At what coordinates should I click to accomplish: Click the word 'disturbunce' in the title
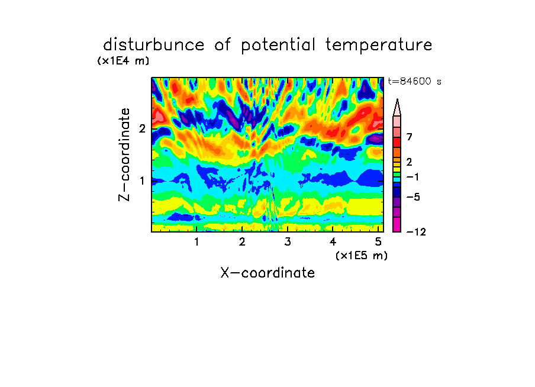tap(154, 45)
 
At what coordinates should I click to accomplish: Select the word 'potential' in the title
tap(278, 46)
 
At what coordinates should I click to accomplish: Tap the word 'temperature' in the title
tap(379, 46)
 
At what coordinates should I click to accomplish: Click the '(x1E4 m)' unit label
tap(123, 61)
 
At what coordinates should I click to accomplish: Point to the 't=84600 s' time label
tap(414, 81)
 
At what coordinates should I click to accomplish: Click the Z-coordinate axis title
tap(124, 154)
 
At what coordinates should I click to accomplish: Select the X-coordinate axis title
tap(267, 273)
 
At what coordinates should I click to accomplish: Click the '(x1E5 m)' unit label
tap(362, 256)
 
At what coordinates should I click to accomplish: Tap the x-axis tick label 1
tap(196, 242)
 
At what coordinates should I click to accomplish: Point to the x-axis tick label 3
tap(288, 242)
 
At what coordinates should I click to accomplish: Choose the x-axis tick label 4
tap(333, 242)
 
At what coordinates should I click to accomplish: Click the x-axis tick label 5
tap(378, 242)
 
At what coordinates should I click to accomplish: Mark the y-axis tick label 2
tap(142, 128)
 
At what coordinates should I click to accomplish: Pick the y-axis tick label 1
tap(142, 180)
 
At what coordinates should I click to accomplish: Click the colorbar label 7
tap(410, 137)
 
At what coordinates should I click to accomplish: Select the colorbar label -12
tap(416, 232)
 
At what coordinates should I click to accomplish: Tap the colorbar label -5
tap(413, 197)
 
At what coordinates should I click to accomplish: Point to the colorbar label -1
tap(412, 177)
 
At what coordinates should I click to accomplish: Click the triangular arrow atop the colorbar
tap(397, 107)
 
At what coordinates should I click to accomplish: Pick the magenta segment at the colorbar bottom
tap(397, 224)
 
